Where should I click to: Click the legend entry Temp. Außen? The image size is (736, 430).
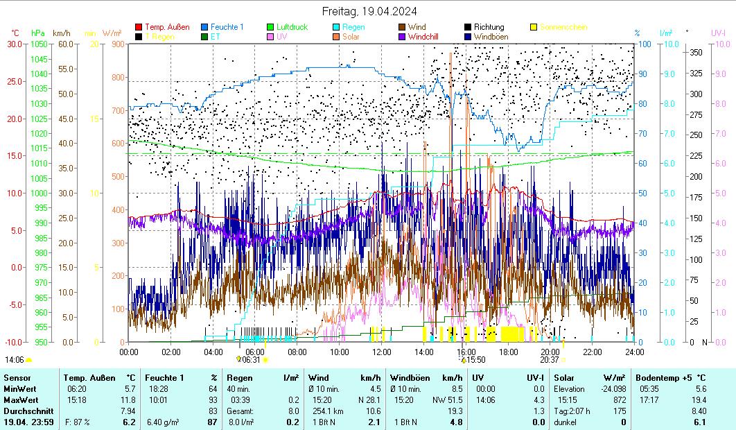point(166,27)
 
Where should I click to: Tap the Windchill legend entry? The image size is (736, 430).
point(427,36)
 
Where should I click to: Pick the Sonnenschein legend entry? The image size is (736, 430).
point(563,27)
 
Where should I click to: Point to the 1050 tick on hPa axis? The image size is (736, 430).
point(38,44)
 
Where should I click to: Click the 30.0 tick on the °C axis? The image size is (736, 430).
point(15,44)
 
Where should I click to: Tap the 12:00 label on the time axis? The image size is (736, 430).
point(382,352)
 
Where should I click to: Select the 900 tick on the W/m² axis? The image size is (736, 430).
point(116,44)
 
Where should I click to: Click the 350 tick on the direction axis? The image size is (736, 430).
point(696,52)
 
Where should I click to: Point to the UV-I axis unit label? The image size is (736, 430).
point(718,33)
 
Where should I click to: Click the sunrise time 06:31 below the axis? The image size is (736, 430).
point(252,359)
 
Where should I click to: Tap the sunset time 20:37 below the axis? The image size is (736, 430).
point(549,359)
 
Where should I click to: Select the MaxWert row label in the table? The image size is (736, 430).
point(21,400)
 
